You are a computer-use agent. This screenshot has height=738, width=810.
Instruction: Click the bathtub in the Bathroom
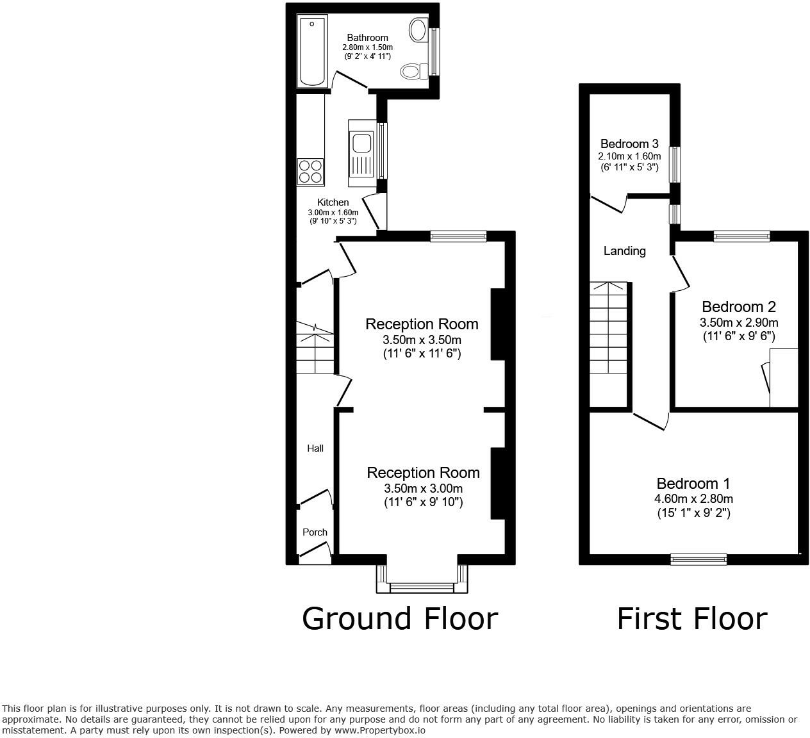tap(313, 51)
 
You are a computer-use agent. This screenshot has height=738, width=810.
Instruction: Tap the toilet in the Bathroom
tap(414, 71)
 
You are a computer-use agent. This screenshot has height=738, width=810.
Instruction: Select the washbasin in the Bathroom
tap(418, 30)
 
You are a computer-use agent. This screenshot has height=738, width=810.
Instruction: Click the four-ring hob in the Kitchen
tap(310, 171)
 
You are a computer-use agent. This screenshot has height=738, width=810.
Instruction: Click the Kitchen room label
tap(333, 202)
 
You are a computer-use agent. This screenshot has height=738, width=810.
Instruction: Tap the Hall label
tap(315, 448)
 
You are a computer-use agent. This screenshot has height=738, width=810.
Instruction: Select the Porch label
tap(315, 532)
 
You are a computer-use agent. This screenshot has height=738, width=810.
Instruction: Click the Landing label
tap(624, 251)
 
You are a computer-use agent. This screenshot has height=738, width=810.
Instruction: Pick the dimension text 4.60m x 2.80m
tap(693, 499)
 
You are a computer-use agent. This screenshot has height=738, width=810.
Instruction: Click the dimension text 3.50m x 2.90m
tap(738, 322)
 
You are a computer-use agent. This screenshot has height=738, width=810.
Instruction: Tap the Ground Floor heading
tap(399, 619)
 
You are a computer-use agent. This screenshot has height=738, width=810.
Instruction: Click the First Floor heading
tap(691, 619)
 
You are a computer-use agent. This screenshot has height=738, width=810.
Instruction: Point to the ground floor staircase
tap(315, 348)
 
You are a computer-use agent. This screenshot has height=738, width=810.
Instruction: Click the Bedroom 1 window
tap(698, 559)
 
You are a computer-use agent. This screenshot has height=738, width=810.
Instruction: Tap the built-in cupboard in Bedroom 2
tap(784, 378)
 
